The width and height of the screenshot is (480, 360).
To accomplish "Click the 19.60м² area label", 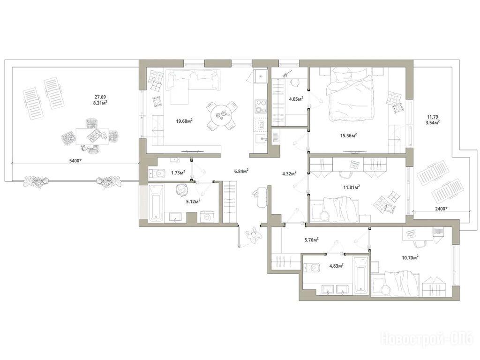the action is [x=184, y=121].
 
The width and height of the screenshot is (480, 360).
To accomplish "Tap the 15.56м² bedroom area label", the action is [x=349, y=135].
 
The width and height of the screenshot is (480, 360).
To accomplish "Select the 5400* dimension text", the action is [x=75, y=160].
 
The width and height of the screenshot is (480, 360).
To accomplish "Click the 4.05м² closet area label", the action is [x=296, y=99].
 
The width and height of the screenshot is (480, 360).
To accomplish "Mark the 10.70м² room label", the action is [x=410, y=258].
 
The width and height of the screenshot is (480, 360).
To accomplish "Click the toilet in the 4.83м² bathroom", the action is [x=312, y=268].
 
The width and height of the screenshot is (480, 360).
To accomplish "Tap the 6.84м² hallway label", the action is [x=241, y=171].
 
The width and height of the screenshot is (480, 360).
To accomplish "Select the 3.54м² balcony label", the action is [x=433, y=122].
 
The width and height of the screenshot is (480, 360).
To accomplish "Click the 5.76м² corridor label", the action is [x=312, y=240].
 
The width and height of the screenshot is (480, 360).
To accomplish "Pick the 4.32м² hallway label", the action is [x=289, y=174].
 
